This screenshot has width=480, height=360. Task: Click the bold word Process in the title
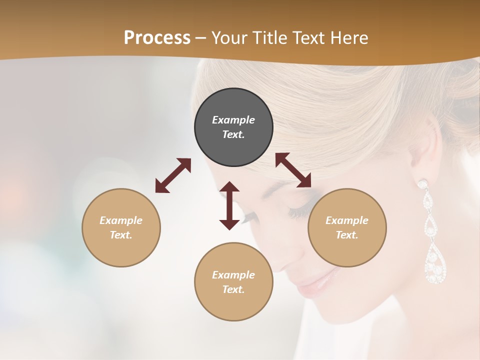(x=157, y=38)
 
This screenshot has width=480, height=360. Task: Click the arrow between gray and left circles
(x=173, y=175)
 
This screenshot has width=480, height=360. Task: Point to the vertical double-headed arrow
(x=229, y=205)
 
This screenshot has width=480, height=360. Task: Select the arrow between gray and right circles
(x=293, y=170)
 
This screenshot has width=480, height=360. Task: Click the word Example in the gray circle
(x=233, y=120)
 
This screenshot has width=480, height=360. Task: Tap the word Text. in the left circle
(x=121, y=235)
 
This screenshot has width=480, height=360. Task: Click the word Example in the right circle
(x=347, y=220)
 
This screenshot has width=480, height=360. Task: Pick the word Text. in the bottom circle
(x=233, y=289)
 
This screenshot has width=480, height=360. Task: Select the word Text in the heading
(x=310, y=38)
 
